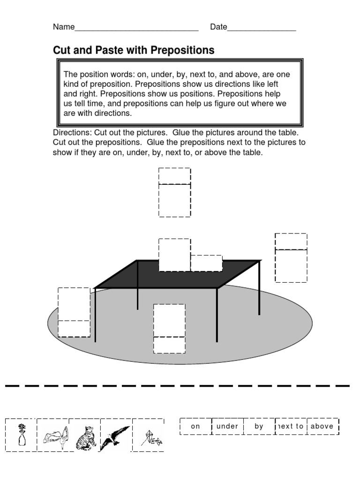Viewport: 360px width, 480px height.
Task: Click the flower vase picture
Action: coord(21,435)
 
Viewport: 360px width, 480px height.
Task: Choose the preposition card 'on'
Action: coord(195,427)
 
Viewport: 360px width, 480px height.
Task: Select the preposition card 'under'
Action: coord(227,427)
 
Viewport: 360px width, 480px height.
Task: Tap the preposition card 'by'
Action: coord(259,427)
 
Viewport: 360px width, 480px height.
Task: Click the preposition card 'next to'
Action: coord(291,427)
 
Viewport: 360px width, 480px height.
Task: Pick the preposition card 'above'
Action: coord(322,427)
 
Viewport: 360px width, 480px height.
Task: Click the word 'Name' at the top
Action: coord(64,27)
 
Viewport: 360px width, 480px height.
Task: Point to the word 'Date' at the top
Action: coord(218,27)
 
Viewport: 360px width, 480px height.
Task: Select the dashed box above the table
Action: coord(174,193)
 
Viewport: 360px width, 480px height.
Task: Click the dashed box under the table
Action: coord(169,328)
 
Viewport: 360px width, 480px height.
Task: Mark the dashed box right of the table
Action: coord(291,258)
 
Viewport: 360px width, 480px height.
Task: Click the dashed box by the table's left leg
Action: coord(74,312)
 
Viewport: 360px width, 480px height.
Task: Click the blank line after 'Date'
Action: coord(262,28)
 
